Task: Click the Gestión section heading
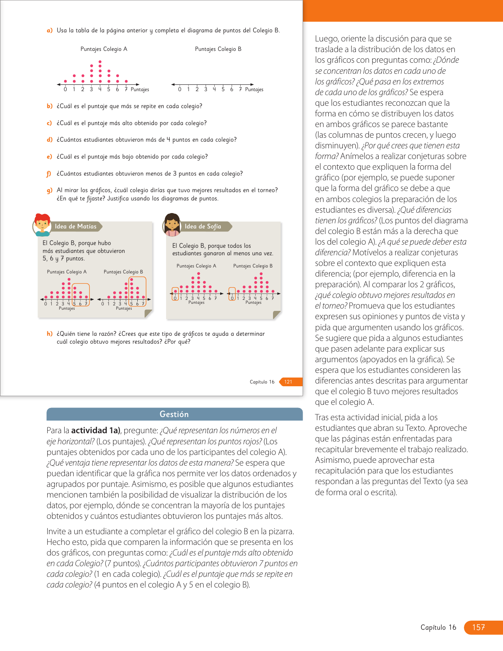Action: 174,414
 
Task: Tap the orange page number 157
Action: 478,627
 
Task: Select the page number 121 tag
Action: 288,382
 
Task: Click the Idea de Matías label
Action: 76,226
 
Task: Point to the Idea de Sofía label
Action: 203,226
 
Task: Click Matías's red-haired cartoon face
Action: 42,224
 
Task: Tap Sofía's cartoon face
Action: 172,224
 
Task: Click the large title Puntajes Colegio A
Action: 104,49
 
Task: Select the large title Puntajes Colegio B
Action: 218,49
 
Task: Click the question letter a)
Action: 49,30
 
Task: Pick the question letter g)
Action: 49,190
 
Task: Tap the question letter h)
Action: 49,334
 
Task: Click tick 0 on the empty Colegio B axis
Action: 180,90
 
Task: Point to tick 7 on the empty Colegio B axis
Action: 240,90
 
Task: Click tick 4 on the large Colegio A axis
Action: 100,90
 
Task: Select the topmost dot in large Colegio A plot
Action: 100,62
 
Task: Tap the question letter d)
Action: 49,140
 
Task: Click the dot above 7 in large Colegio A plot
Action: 126,81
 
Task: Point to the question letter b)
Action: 49,106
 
